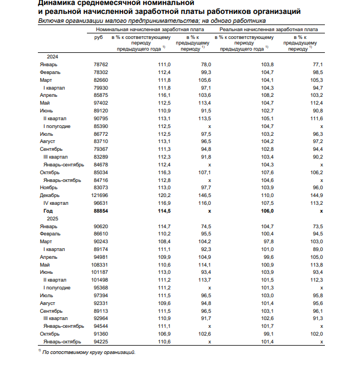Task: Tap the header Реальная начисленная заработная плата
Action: (269, 29)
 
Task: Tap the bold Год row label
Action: (48, 211)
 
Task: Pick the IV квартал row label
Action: (56, 204)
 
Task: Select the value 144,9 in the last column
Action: (317, 196)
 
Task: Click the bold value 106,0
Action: (267, 211)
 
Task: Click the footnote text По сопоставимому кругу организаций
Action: (89, 352)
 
